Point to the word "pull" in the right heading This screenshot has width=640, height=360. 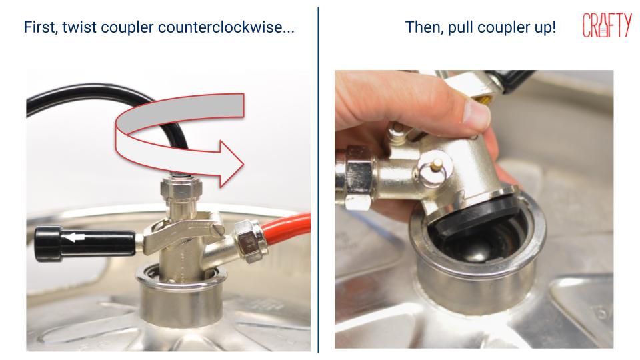[x=462, y=29]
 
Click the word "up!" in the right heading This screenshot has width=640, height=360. [x=542, y=29]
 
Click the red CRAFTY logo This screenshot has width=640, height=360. [x=606, y=25]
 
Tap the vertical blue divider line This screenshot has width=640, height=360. [x=318, y=180]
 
